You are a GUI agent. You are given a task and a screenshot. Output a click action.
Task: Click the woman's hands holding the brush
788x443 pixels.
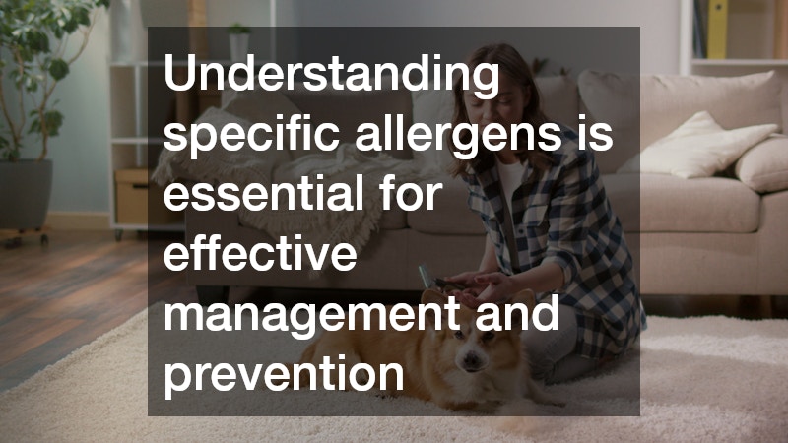tap(463, 285)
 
